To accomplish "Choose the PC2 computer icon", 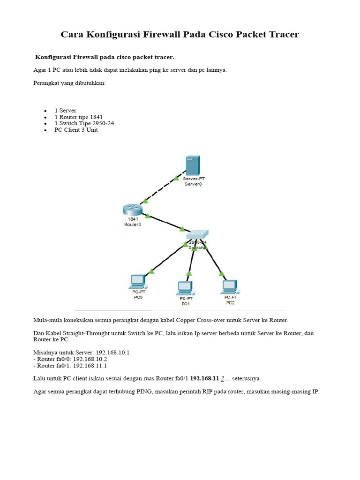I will (x=230, y=286).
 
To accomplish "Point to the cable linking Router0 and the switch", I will (x=165, y=223).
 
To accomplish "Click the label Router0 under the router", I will (x=133, y=225).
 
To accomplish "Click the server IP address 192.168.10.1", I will (x=112, y=352).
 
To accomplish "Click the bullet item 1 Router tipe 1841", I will (x=78, y=117).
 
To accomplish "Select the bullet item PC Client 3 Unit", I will (x=76, y=130).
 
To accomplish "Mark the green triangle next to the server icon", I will (x=176, y=178).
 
